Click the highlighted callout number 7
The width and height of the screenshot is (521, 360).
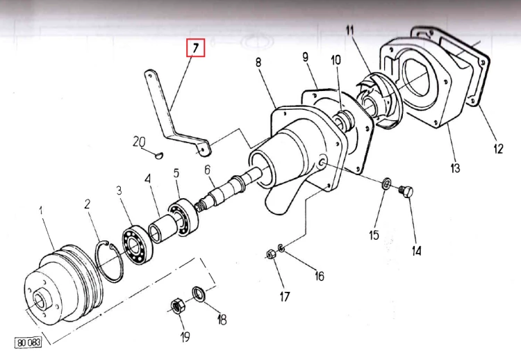(x=195, y=49)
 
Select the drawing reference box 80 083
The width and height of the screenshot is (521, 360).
(x=26, y=343)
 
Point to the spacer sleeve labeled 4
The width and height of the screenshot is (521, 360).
(x=160, y=228)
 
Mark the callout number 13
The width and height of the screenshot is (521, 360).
(x=455, y=167)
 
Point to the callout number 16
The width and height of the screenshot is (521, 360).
(x=318, y=276)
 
